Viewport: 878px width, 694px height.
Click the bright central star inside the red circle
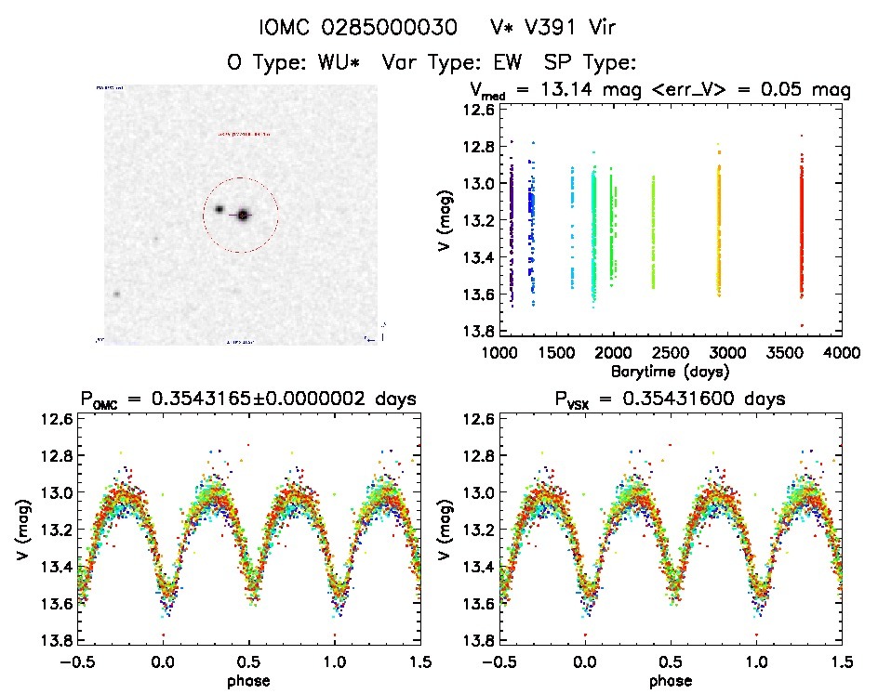(x=244, y=215)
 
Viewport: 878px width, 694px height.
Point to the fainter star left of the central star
(x=219, y=210)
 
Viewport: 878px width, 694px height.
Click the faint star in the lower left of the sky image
(x=117, y=294)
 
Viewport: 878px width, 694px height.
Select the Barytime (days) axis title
(x=670, y=371)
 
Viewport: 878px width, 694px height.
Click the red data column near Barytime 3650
(x=801, y=232)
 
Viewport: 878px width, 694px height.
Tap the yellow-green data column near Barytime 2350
(x=653, y=232)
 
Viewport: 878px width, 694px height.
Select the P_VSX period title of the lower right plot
(x=670, y=399)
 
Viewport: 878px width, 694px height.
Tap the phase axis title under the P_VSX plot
(x=670, y=679)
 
